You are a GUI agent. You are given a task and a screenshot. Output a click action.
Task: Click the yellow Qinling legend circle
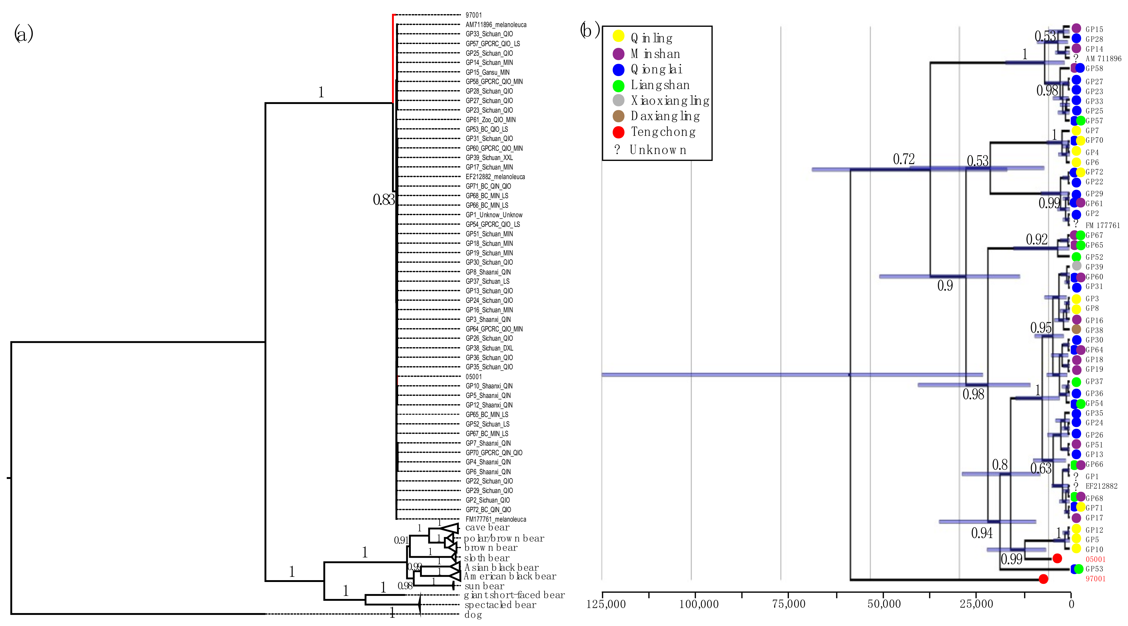point(618,36)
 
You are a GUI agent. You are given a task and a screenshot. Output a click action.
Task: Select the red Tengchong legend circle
point(618,132)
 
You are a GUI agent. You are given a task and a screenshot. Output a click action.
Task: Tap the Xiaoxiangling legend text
point(670,101)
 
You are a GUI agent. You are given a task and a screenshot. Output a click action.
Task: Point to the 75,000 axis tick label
point(788,604)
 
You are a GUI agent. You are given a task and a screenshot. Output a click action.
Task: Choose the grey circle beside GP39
point(1076,266)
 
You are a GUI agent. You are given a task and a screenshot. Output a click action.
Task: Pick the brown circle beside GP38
point(1076,329)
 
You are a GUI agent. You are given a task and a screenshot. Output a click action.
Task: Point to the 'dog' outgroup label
point(473,615)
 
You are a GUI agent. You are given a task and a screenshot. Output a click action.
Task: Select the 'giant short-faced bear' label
point(514,595)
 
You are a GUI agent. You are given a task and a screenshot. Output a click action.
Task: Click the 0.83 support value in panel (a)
point(384,200)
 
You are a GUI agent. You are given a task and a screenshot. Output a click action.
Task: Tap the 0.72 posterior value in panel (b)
point(904,159)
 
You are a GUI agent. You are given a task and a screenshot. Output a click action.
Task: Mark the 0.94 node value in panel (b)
point(982,533)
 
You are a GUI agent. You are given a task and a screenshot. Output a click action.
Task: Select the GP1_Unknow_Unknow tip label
point(494,215)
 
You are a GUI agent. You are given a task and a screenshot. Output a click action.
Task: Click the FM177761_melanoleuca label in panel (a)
point(496,519)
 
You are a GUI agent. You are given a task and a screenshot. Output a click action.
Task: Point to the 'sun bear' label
point(484,586)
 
